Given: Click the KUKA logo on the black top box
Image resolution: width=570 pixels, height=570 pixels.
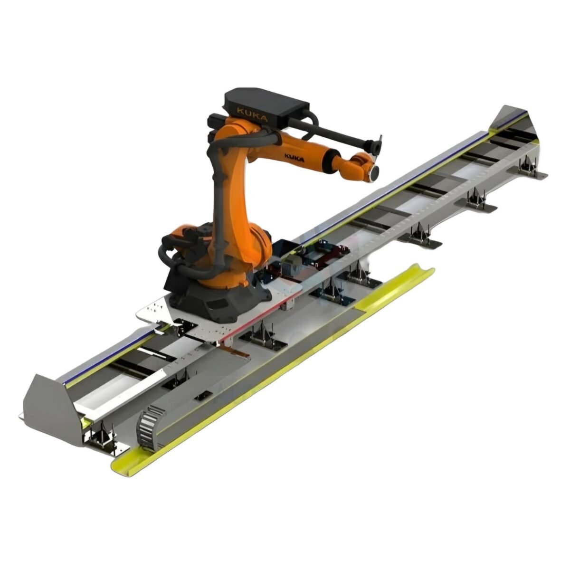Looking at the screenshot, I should (251, 113).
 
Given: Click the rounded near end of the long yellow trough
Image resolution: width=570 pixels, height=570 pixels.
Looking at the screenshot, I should (119, 463).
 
